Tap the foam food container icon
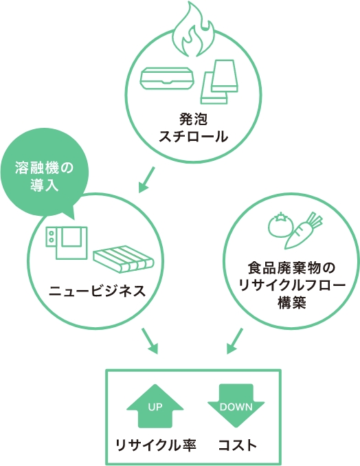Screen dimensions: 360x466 tap(167, 78)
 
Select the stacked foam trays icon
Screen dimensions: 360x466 tap(219, 82)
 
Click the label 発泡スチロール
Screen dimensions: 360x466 tap(193, 128)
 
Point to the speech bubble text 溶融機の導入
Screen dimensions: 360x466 tap(44, 177)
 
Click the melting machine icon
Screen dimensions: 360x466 tap(67, 243)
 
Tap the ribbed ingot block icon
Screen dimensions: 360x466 tap(123, 258)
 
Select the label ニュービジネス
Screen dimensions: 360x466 tap(98, 291)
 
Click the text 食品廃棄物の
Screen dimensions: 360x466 tap(292, 268)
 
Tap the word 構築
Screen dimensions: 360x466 tap(292, 303)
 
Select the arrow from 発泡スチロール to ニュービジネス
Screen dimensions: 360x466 tap(147, 179)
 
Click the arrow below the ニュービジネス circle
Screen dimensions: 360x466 tap(150, 341)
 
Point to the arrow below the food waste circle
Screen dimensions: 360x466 tap(235, 341)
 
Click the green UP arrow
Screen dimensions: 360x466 tap(155, 406)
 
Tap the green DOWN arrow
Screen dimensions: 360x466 tap(236, 406)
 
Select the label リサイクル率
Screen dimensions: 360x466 tap(156, 445)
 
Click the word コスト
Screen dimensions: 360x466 tap(238, 445)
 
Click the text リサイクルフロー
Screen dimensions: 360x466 tap(292, 286)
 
